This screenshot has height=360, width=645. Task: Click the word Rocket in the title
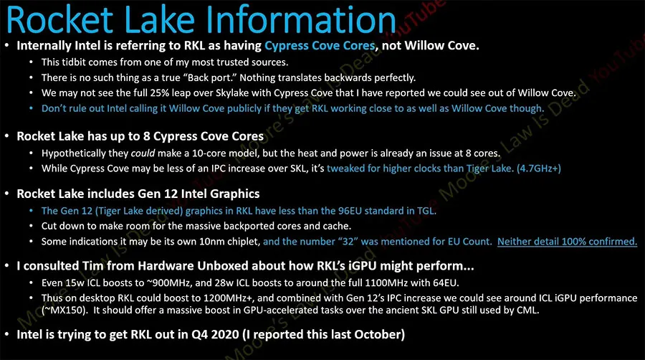tap(60, 19)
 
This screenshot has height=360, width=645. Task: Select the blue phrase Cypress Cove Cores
tap(320, 46)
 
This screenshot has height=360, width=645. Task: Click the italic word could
tap(143, 153)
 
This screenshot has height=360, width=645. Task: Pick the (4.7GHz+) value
tap(539, 169)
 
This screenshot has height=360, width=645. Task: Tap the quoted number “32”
tap(348, 242)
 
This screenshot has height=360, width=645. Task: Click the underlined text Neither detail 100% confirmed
tap(567, 242)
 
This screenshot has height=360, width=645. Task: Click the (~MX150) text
tap(64, 311)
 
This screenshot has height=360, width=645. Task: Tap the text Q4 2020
tap(215, 334)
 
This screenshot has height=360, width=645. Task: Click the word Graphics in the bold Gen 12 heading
tap(235, 194)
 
